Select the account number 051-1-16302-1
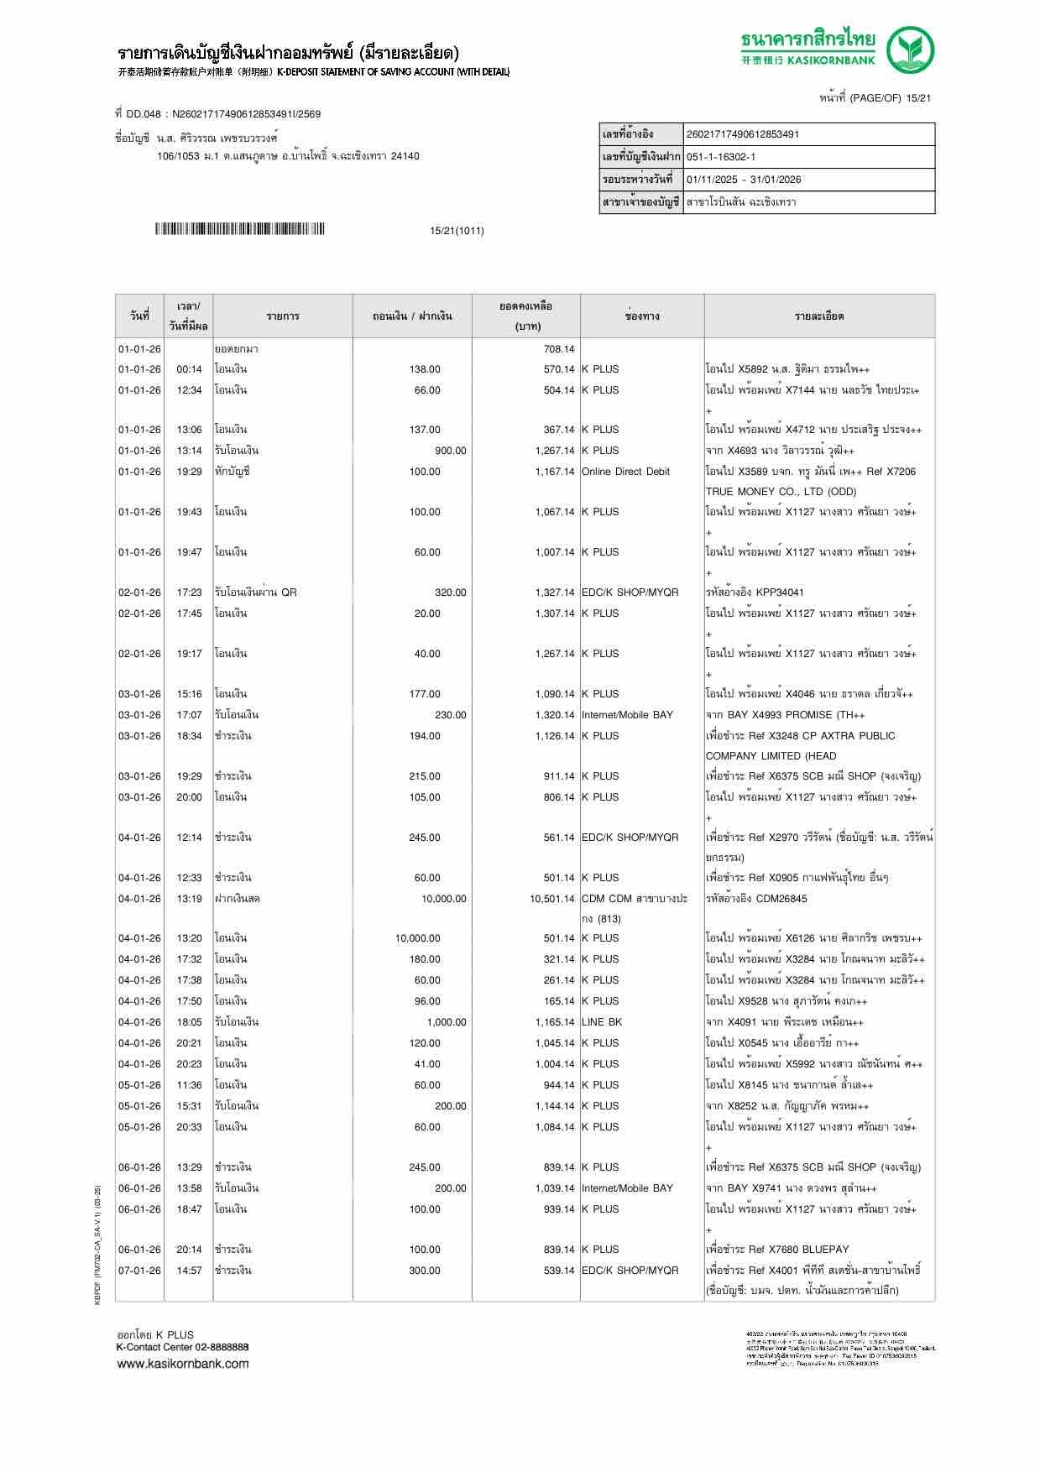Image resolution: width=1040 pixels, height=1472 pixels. (x=720, y=157)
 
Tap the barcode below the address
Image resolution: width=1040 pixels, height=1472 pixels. (x=239, y=229)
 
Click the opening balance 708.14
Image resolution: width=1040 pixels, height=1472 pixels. (x=558, y=349)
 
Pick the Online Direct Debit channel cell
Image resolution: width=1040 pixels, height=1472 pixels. (x=625, y=472)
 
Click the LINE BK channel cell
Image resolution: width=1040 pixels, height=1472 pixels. (x=601, y=1022)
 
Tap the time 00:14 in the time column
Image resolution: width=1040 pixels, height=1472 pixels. (x=189, y=369)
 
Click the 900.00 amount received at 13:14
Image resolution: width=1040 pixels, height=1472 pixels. (x=450, y=451)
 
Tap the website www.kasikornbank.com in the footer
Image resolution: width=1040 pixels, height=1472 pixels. (x=182, y=1364)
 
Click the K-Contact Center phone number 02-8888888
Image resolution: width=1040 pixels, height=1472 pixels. (x=221, y=1347)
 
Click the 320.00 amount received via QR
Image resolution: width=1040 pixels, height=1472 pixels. (x=450, y=592)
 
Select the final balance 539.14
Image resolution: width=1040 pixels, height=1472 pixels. (x=558, y=1271)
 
